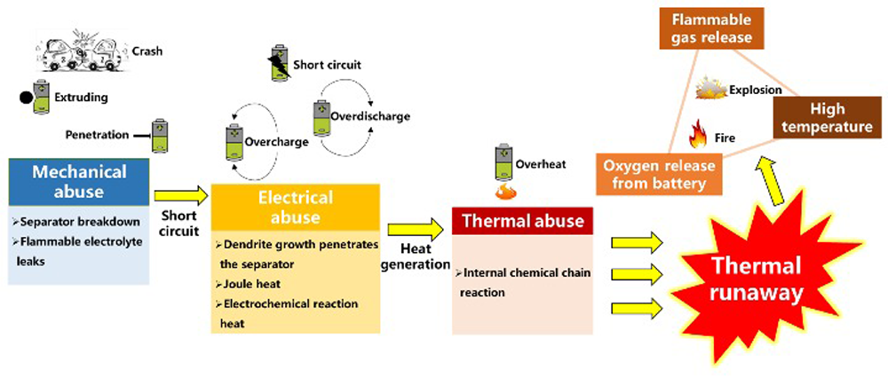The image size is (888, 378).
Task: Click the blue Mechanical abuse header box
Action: [80, 181]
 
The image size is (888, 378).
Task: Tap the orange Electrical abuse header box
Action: [295, 208]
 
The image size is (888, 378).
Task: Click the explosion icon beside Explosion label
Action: [710, 89]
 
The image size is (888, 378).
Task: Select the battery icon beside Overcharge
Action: [234, 139]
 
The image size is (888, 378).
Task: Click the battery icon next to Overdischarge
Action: [321, 116]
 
